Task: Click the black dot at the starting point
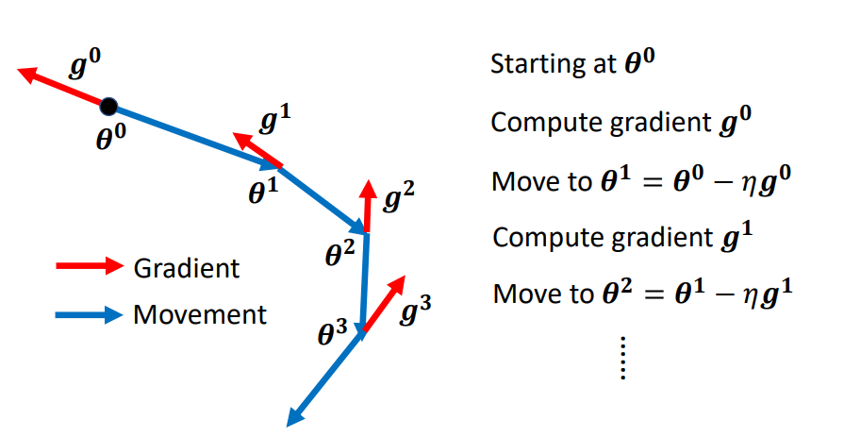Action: (109, 106)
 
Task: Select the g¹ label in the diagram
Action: (275, 122)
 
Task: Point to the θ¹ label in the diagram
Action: (262, 192)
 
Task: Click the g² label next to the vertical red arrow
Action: (398, 197)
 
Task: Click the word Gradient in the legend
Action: (187, 268)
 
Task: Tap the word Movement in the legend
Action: (200, 313)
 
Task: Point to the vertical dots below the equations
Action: (622, 360)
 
